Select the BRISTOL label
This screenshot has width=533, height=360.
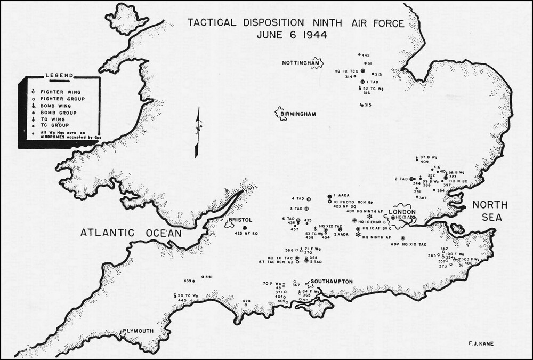[x=240, y=220]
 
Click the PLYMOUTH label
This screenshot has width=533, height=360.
[x=139, y=331]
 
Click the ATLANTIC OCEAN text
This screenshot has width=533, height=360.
[x=131, y=233]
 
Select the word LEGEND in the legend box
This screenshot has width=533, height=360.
[x=59, y=76]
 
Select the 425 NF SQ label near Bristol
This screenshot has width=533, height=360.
[x=246, y=234]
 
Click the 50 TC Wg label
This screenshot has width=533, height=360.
[x=188, y=295]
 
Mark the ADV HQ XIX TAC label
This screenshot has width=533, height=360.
[x=409, y=244]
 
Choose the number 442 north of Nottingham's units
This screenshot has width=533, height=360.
[x=366, y=55]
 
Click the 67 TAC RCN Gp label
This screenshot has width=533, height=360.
[x=276, y=262]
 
